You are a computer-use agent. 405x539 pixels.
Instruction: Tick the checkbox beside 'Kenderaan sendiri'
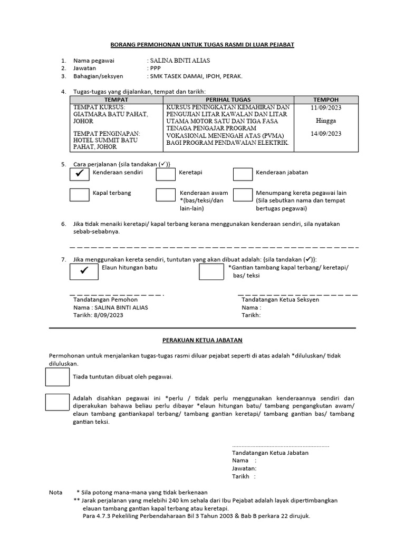79,173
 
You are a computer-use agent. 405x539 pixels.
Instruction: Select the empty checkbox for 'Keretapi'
165,173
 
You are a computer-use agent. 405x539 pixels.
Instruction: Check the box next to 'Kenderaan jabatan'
243,173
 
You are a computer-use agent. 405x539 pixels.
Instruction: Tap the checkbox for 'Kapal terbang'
79,195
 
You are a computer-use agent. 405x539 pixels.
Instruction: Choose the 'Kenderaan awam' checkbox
165,195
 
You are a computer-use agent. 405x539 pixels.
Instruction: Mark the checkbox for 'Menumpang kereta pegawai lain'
243,195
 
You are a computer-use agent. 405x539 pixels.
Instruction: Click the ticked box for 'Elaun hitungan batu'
83,271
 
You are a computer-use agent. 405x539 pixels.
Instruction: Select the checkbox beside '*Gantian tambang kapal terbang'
211,271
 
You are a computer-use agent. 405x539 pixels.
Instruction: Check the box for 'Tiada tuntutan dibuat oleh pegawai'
57,377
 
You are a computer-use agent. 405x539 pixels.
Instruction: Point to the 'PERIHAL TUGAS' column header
228,99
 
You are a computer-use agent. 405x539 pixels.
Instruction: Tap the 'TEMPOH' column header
325,99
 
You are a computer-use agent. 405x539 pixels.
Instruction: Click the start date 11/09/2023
326,107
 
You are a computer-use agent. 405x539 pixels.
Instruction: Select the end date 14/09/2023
326,134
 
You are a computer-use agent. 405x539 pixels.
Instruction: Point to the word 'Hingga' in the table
325,121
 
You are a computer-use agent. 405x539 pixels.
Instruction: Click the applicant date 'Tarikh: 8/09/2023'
98,315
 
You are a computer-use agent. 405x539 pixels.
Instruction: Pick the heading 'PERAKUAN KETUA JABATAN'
202,341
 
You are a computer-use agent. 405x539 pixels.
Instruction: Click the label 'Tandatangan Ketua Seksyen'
280,300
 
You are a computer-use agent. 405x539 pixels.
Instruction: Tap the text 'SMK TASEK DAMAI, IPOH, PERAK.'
196,76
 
